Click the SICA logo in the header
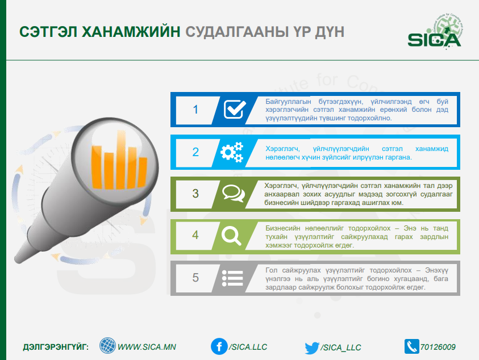(435, 32)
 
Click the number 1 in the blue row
(195, 110)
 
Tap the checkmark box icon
(235, 109)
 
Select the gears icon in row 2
(232, 152)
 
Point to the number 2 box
(195, 152)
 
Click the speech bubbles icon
(234, 193)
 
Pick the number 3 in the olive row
(195, 194)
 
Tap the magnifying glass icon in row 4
(232, 236)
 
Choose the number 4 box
(195, 235)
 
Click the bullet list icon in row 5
(232, 278)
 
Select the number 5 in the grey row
(195, 278)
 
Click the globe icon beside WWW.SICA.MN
(107, 346)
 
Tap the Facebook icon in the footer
(219, 346)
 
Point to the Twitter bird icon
(312, 348)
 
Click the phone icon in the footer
(412, 346)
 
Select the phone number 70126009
(438, 347)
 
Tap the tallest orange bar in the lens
(121, 160)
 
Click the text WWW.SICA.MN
(147, 347)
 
